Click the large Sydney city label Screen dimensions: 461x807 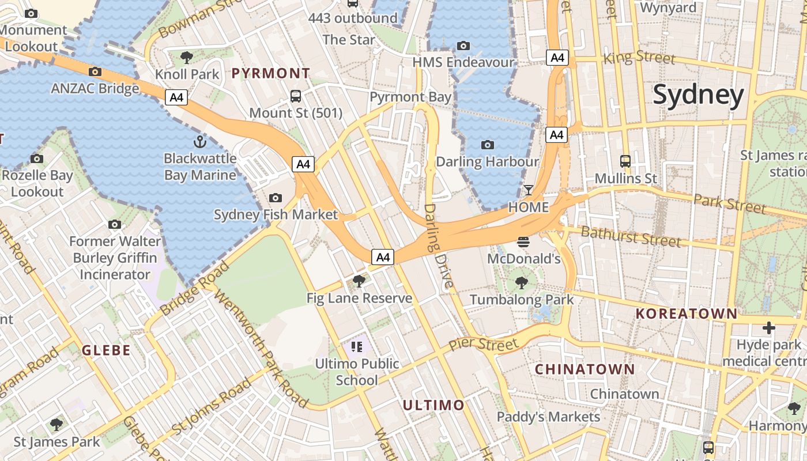[698, 96]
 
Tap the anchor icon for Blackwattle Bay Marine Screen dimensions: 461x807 [199, 141]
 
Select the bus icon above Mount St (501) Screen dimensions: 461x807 [296, 96]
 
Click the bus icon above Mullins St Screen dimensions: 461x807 [625, 161]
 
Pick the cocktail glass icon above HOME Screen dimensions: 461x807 [529, 190]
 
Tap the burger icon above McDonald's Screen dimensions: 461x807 [523, 242]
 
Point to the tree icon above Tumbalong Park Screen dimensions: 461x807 [522, 282]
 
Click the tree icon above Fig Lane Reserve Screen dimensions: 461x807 [359, 281]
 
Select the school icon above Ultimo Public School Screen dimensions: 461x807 [357, 346]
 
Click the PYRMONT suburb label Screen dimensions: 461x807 [271, 73]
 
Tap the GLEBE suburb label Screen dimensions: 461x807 [106, 350]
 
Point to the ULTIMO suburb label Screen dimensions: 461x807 [433, 405]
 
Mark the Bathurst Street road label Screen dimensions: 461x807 [631, 236]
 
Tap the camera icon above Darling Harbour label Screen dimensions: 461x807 [488, 145]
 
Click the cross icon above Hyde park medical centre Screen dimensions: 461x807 [769, 328]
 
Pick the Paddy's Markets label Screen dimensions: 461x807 [548, 417]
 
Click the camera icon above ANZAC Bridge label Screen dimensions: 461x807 [95, 72]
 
